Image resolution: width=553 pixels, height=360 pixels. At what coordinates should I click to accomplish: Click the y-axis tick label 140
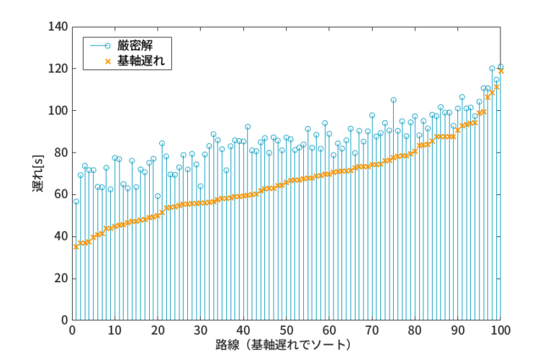click(x=58, y=27)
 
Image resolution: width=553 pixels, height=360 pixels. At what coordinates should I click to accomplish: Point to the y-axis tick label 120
click(x=58, y=69)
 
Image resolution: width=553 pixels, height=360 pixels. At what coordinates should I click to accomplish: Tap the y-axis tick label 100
click(x=58, y=111)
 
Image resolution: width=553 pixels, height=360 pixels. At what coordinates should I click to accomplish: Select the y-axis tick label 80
click(x=61, y=153)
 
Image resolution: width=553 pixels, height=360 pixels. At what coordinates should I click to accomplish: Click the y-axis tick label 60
click(x=61, y=194)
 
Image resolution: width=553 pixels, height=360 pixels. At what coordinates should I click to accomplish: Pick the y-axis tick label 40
click(x=61, y=236)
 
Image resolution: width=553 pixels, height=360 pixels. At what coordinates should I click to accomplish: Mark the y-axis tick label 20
click(x=61, y=278)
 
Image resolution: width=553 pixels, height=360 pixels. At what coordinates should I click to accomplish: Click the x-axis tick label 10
click(x=114, y=330)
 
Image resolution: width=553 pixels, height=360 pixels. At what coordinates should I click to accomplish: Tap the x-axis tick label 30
click(x=200, y=330)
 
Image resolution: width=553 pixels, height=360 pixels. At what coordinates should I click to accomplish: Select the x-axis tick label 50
click(x=287, y=330)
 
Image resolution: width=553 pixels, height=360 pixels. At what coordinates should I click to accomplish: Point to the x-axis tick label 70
click(x=372, y=330)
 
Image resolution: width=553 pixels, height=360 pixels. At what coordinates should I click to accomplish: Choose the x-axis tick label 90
click(x=458, y=330)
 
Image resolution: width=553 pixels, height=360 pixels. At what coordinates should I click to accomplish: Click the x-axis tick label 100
click(x=501, y=330)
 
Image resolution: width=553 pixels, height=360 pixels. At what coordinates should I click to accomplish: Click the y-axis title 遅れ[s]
click(x=37, y=173)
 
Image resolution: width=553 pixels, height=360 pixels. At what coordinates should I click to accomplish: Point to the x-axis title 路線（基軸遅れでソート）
click(x=287, y=346)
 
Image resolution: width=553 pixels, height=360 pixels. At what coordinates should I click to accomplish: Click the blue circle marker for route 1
click(x=76, y=202)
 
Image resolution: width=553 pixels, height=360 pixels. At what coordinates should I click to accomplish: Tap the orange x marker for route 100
click(x=500, y=71)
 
